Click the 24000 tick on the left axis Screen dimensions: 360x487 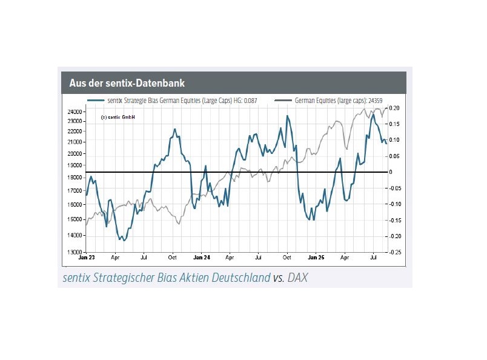coord(75,112)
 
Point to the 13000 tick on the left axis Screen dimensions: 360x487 coord(75,252)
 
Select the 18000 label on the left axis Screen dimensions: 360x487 coord(75,178)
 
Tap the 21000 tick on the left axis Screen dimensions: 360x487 coord(75,142)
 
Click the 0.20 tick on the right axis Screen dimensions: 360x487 coord(395,108)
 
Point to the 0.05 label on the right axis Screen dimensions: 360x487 coord(395,156)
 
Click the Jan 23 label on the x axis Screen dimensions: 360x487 coord(87,257)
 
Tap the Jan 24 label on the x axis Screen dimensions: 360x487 coord(202,257)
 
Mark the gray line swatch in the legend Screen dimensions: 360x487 coord(283,100)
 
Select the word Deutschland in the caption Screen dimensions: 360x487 coord(236,278)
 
